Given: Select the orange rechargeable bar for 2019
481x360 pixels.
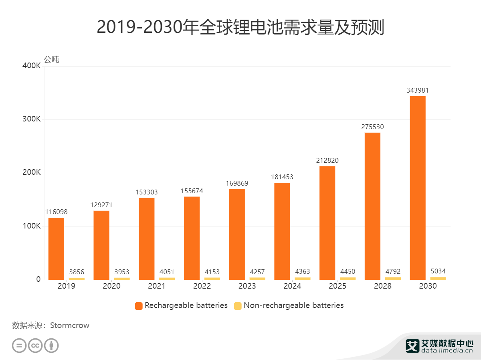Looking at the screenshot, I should coord(56,249).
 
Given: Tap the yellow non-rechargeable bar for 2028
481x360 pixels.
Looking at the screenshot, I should coord(393,278).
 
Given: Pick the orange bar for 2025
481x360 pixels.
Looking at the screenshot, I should coord(327,223).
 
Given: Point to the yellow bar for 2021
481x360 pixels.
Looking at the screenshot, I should coord(167,279).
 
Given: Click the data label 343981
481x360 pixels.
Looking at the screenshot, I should coord(417,91).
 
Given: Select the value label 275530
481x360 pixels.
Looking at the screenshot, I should coord(372,127).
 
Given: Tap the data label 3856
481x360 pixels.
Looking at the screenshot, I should coord(76,272).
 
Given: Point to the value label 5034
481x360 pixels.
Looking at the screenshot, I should coord(438,271).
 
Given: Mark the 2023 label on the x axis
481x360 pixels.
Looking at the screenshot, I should coord(247,286).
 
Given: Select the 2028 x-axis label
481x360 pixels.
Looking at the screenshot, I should coord(382,286).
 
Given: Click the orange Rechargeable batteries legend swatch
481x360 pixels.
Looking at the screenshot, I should coord(139,305).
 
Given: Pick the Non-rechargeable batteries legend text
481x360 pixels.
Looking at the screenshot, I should coord(294,305).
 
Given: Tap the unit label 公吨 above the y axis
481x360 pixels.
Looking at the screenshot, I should coord(51,60).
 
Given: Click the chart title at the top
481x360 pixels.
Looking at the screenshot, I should coord(240,27).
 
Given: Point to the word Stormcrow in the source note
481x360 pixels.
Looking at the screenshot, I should coord(70,326).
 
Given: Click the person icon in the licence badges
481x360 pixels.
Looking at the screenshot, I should coord(51,345).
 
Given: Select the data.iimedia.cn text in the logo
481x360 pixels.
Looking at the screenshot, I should coord(447,350).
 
